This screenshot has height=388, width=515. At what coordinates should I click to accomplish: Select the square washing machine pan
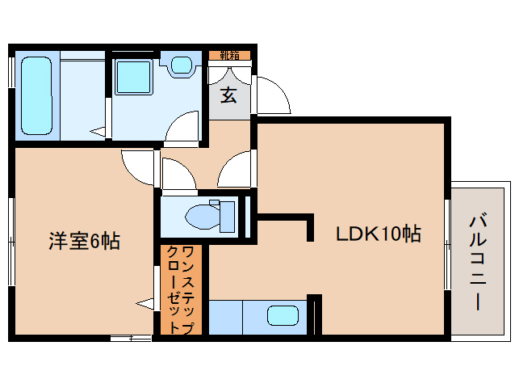tap(130, 78)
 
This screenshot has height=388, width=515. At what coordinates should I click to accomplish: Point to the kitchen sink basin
tap(283, 316)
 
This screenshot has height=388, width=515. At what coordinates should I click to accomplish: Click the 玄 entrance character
tap(228, 95)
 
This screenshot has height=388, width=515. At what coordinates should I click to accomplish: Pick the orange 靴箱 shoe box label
tap(228, 55)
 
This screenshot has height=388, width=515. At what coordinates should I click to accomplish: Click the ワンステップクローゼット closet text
tap(179, 289)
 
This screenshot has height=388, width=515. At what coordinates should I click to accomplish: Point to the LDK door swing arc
tap(237, 170)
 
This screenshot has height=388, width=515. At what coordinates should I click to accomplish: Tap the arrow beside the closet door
tap(145, 305)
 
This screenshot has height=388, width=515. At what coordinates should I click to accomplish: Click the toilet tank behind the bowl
tap(227, 215)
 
